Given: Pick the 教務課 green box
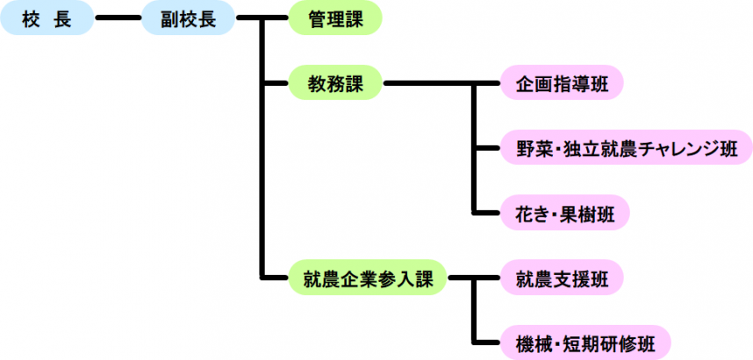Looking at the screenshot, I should (x=335, y=84).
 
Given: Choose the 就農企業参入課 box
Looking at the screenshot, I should (x=368, y=279).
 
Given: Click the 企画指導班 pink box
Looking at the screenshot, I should (x=563, y=84).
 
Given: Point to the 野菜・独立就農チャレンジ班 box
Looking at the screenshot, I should (x=626, y=148).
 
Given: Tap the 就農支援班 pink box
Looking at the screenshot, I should (x=563, y=279).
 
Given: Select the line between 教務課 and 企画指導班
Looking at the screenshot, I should (x=439, y=84).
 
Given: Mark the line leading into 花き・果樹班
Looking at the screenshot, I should (x=487, y=212).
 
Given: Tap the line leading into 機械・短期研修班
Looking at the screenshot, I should (x=487, y=342).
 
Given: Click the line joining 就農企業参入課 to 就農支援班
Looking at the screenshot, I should (x=474, y=279).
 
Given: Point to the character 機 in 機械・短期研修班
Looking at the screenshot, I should (x=525, y=342).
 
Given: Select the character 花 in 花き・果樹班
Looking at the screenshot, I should (x=525, y=212).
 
